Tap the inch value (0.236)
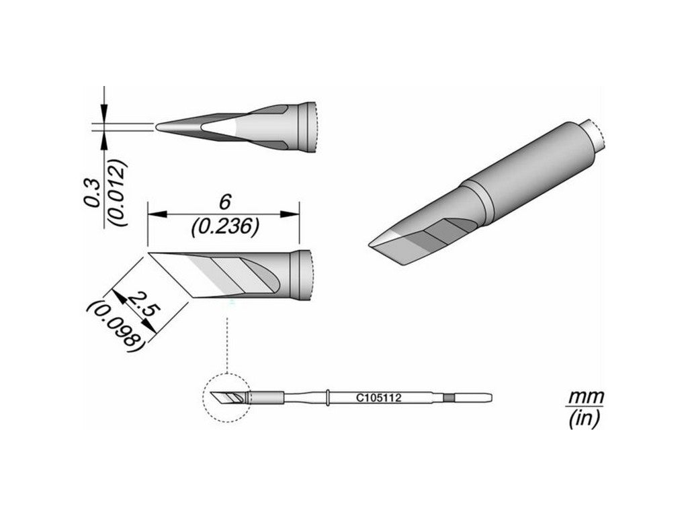coord(224,228)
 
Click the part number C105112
coord(378,398)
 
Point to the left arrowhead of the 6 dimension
coord(153,215)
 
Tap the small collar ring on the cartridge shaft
coord(327,398)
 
